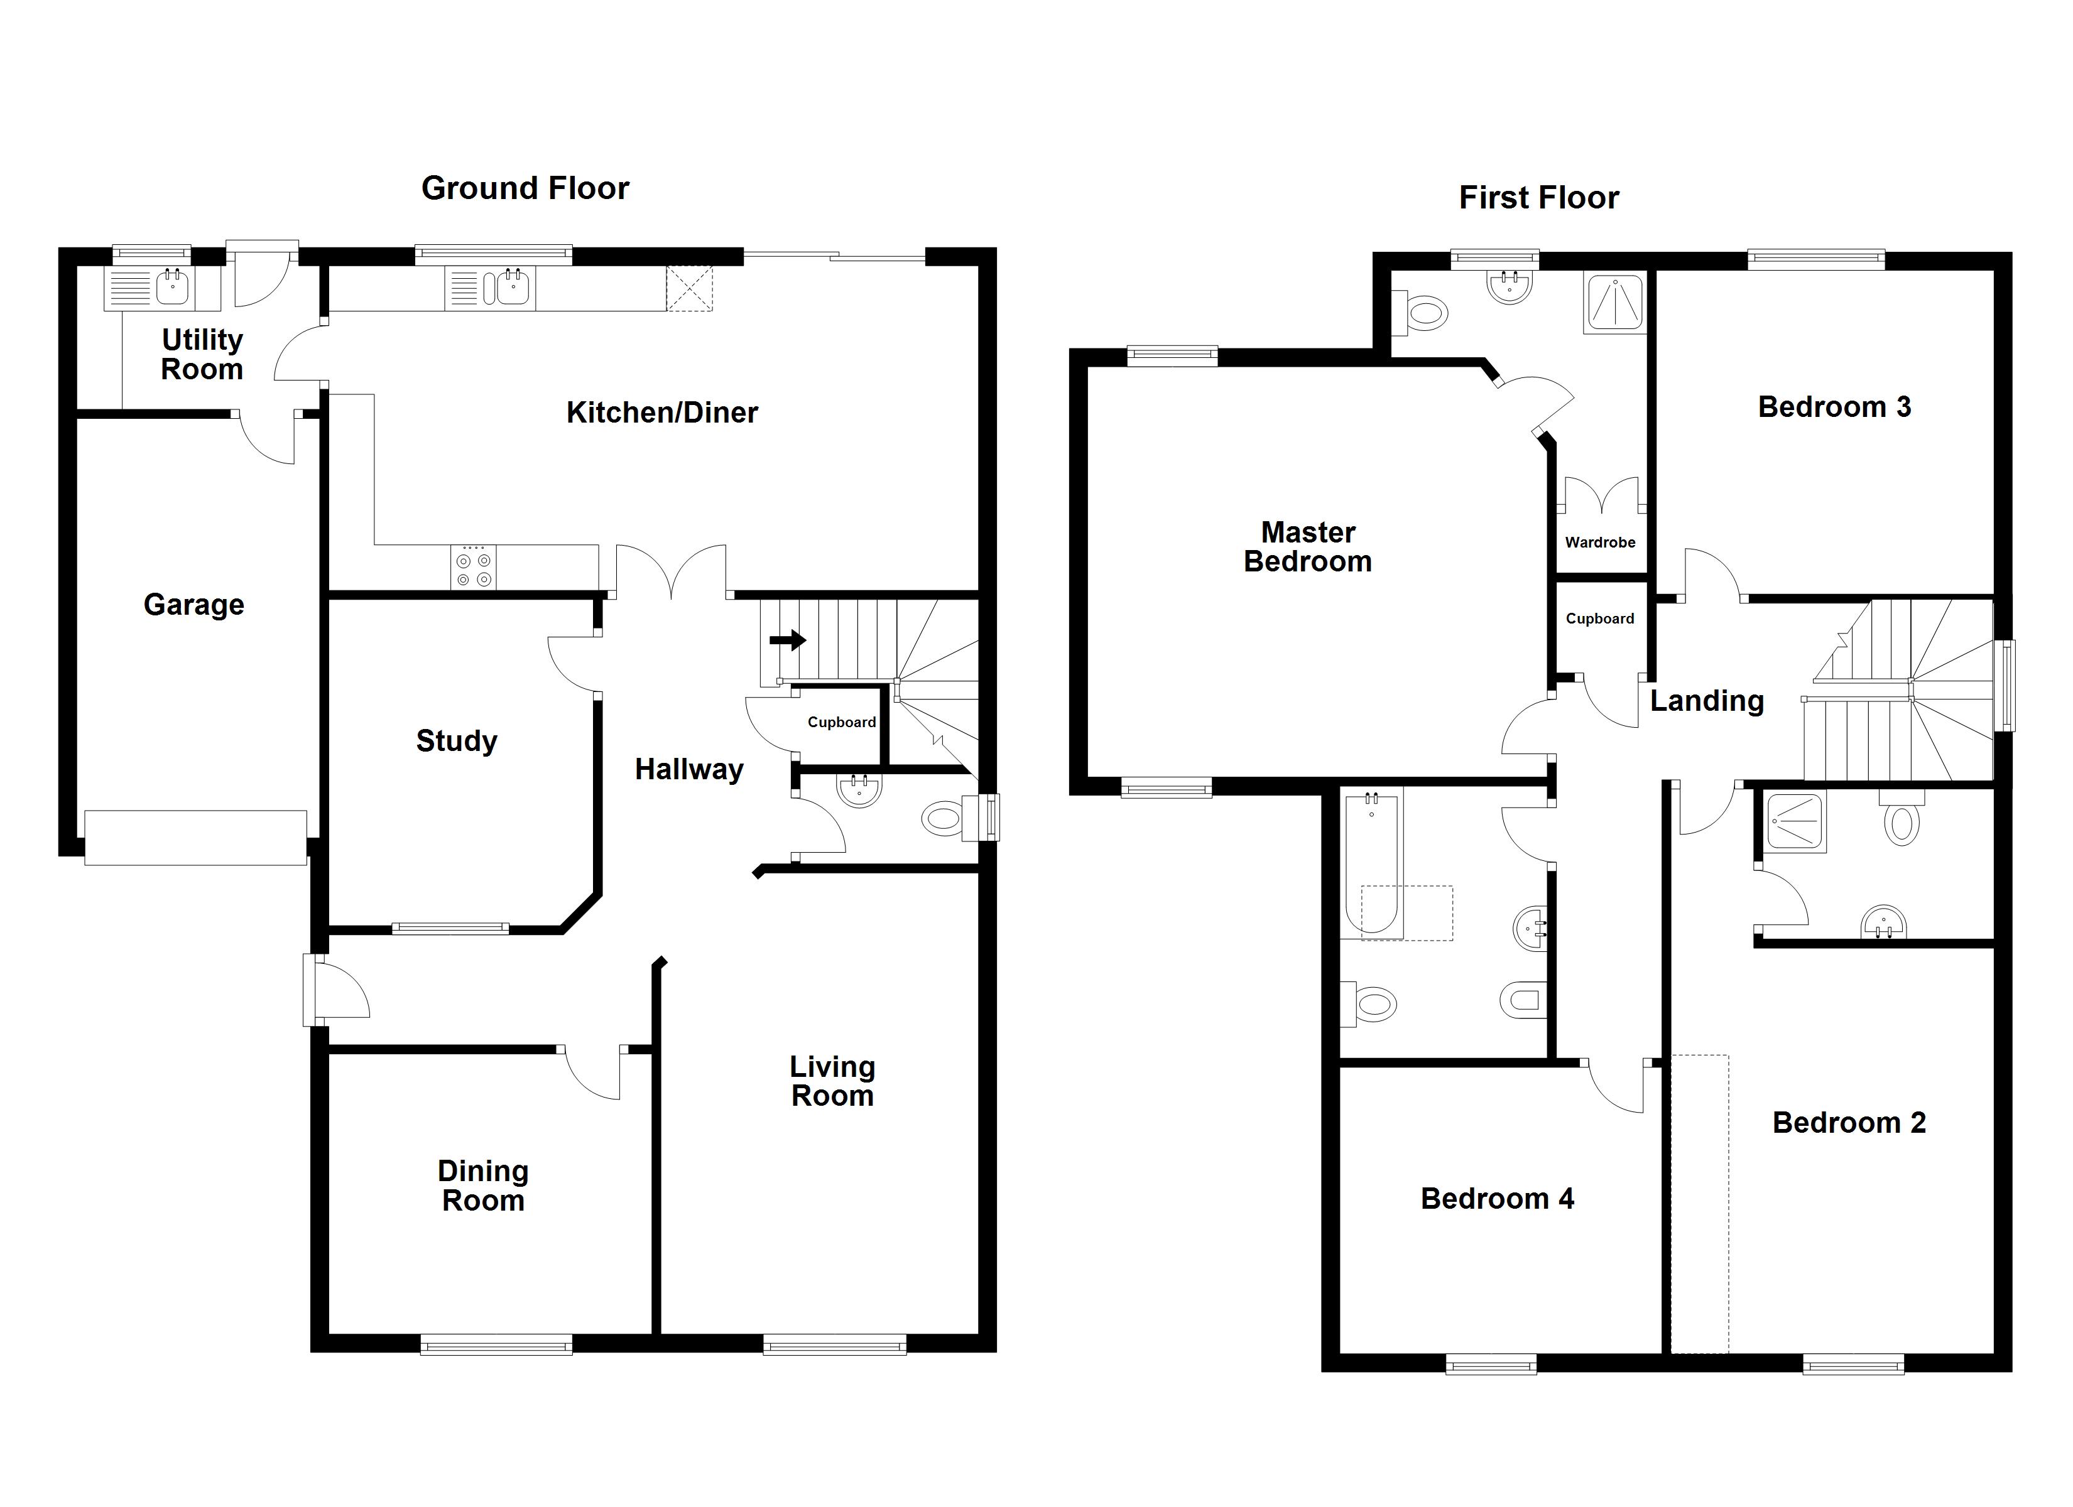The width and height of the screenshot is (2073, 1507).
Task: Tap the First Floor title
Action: (x=1538, y=197)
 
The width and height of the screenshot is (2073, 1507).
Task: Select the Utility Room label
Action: (x=202, y=355)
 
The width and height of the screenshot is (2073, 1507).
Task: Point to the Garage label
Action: (x=193, y=605)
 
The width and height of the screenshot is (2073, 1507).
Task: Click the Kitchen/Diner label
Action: (x=661, y=413)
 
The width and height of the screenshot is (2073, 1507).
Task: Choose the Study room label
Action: (x=456, y=741)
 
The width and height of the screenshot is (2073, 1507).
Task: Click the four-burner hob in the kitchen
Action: (x=474, y=566)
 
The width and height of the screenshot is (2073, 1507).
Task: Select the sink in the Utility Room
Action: (x=172, y=288)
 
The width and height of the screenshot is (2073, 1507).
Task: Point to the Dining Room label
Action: (x=482, y=1186)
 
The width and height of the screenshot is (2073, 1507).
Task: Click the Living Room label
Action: (x=832, y=1081)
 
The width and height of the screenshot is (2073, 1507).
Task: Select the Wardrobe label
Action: (x=1599, y=543)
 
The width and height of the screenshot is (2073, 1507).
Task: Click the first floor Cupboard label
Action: (x=1599, y=618)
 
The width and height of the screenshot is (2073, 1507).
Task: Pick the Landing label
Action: (x=1707, y=701)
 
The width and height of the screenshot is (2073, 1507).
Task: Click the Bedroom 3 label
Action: (x=1834, y=407)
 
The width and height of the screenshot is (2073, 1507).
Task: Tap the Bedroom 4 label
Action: (x=1497, y=1199)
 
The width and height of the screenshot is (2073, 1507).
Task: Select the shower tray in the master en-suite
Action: (x=1614, y=301)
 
